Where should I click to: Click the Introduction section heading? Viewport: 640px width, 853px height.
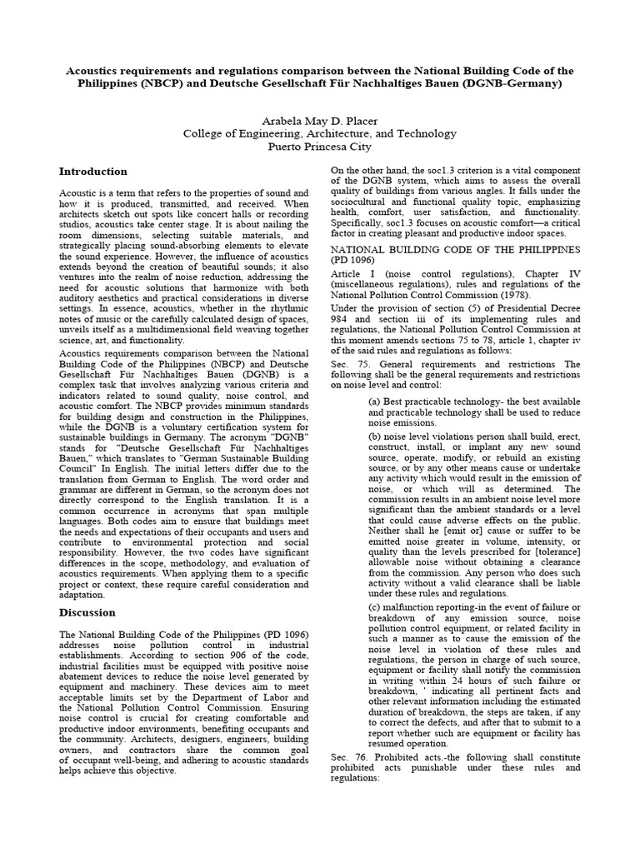(x=92, y=172)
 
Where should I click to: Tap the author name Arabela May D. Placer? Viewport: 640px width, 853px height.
(x=319, y=120)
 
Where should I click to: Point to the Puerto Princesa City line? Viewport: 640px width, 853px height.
(x=319, y=146)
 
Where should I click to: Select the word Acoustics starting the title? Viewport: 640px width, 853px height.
(x=97, y=71)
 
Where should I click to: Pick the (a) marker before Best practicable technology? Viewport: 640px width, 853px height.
(x=375, y=400)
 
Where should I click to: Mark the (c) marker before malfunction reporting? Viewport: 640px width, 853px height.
(x=375, y=606)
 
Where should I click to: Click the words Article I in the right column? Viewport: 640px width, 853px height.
(x=351, y=273)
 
